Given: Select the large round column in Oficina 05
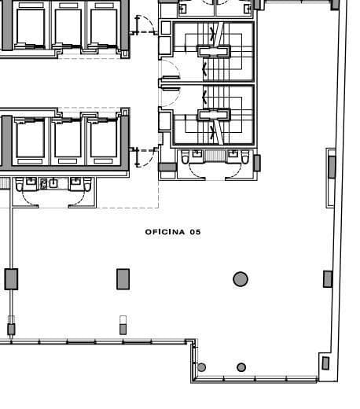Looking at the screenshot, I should (241, 278).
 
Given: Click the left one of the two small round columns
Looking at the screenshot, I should (202, 367).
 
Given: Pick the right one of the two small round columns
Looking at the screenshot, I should (241, 367).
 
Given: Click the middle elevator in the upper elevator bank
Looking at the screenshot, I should (68, 28).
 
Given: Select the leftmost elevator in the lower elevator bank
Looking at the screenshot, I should (31, 140).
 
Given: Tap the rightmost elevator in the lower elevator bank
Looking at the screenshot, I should (103, 140).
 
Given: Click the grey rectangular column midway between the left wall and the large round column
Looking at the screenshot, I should (123, 278).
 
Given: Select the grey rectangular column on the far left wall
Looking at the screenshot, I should (11, 278).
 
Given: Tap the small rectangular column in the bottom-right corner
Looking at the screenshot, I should (325, 363).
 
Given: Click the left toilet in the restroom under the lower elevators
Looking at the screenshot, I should (30, 184).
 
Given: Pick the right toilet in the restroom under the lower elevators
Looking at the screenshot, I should (75, 184).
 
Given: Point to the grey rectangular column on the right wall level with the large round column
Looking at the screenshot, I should (328, 278).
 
